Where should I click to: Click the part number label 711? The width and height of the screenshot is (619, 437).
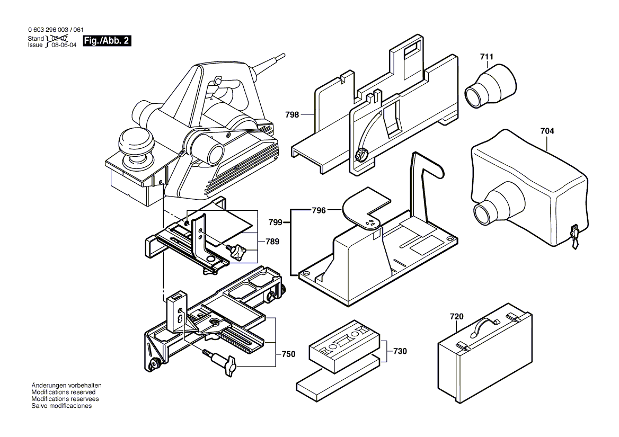(487, 56)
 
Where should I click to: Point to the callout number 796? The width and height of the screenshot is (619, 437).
(319, 210)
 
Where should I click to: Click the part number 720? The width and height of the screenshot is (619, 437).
(456, 317)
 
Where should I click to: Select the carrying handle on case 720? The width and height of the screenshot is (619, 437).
(487, 324)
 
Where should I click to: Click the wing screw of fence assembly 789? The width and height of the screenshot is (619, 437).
(240, 249)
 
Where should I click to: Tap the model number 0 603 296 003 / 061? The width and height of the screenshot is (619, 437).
(56, 31)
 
